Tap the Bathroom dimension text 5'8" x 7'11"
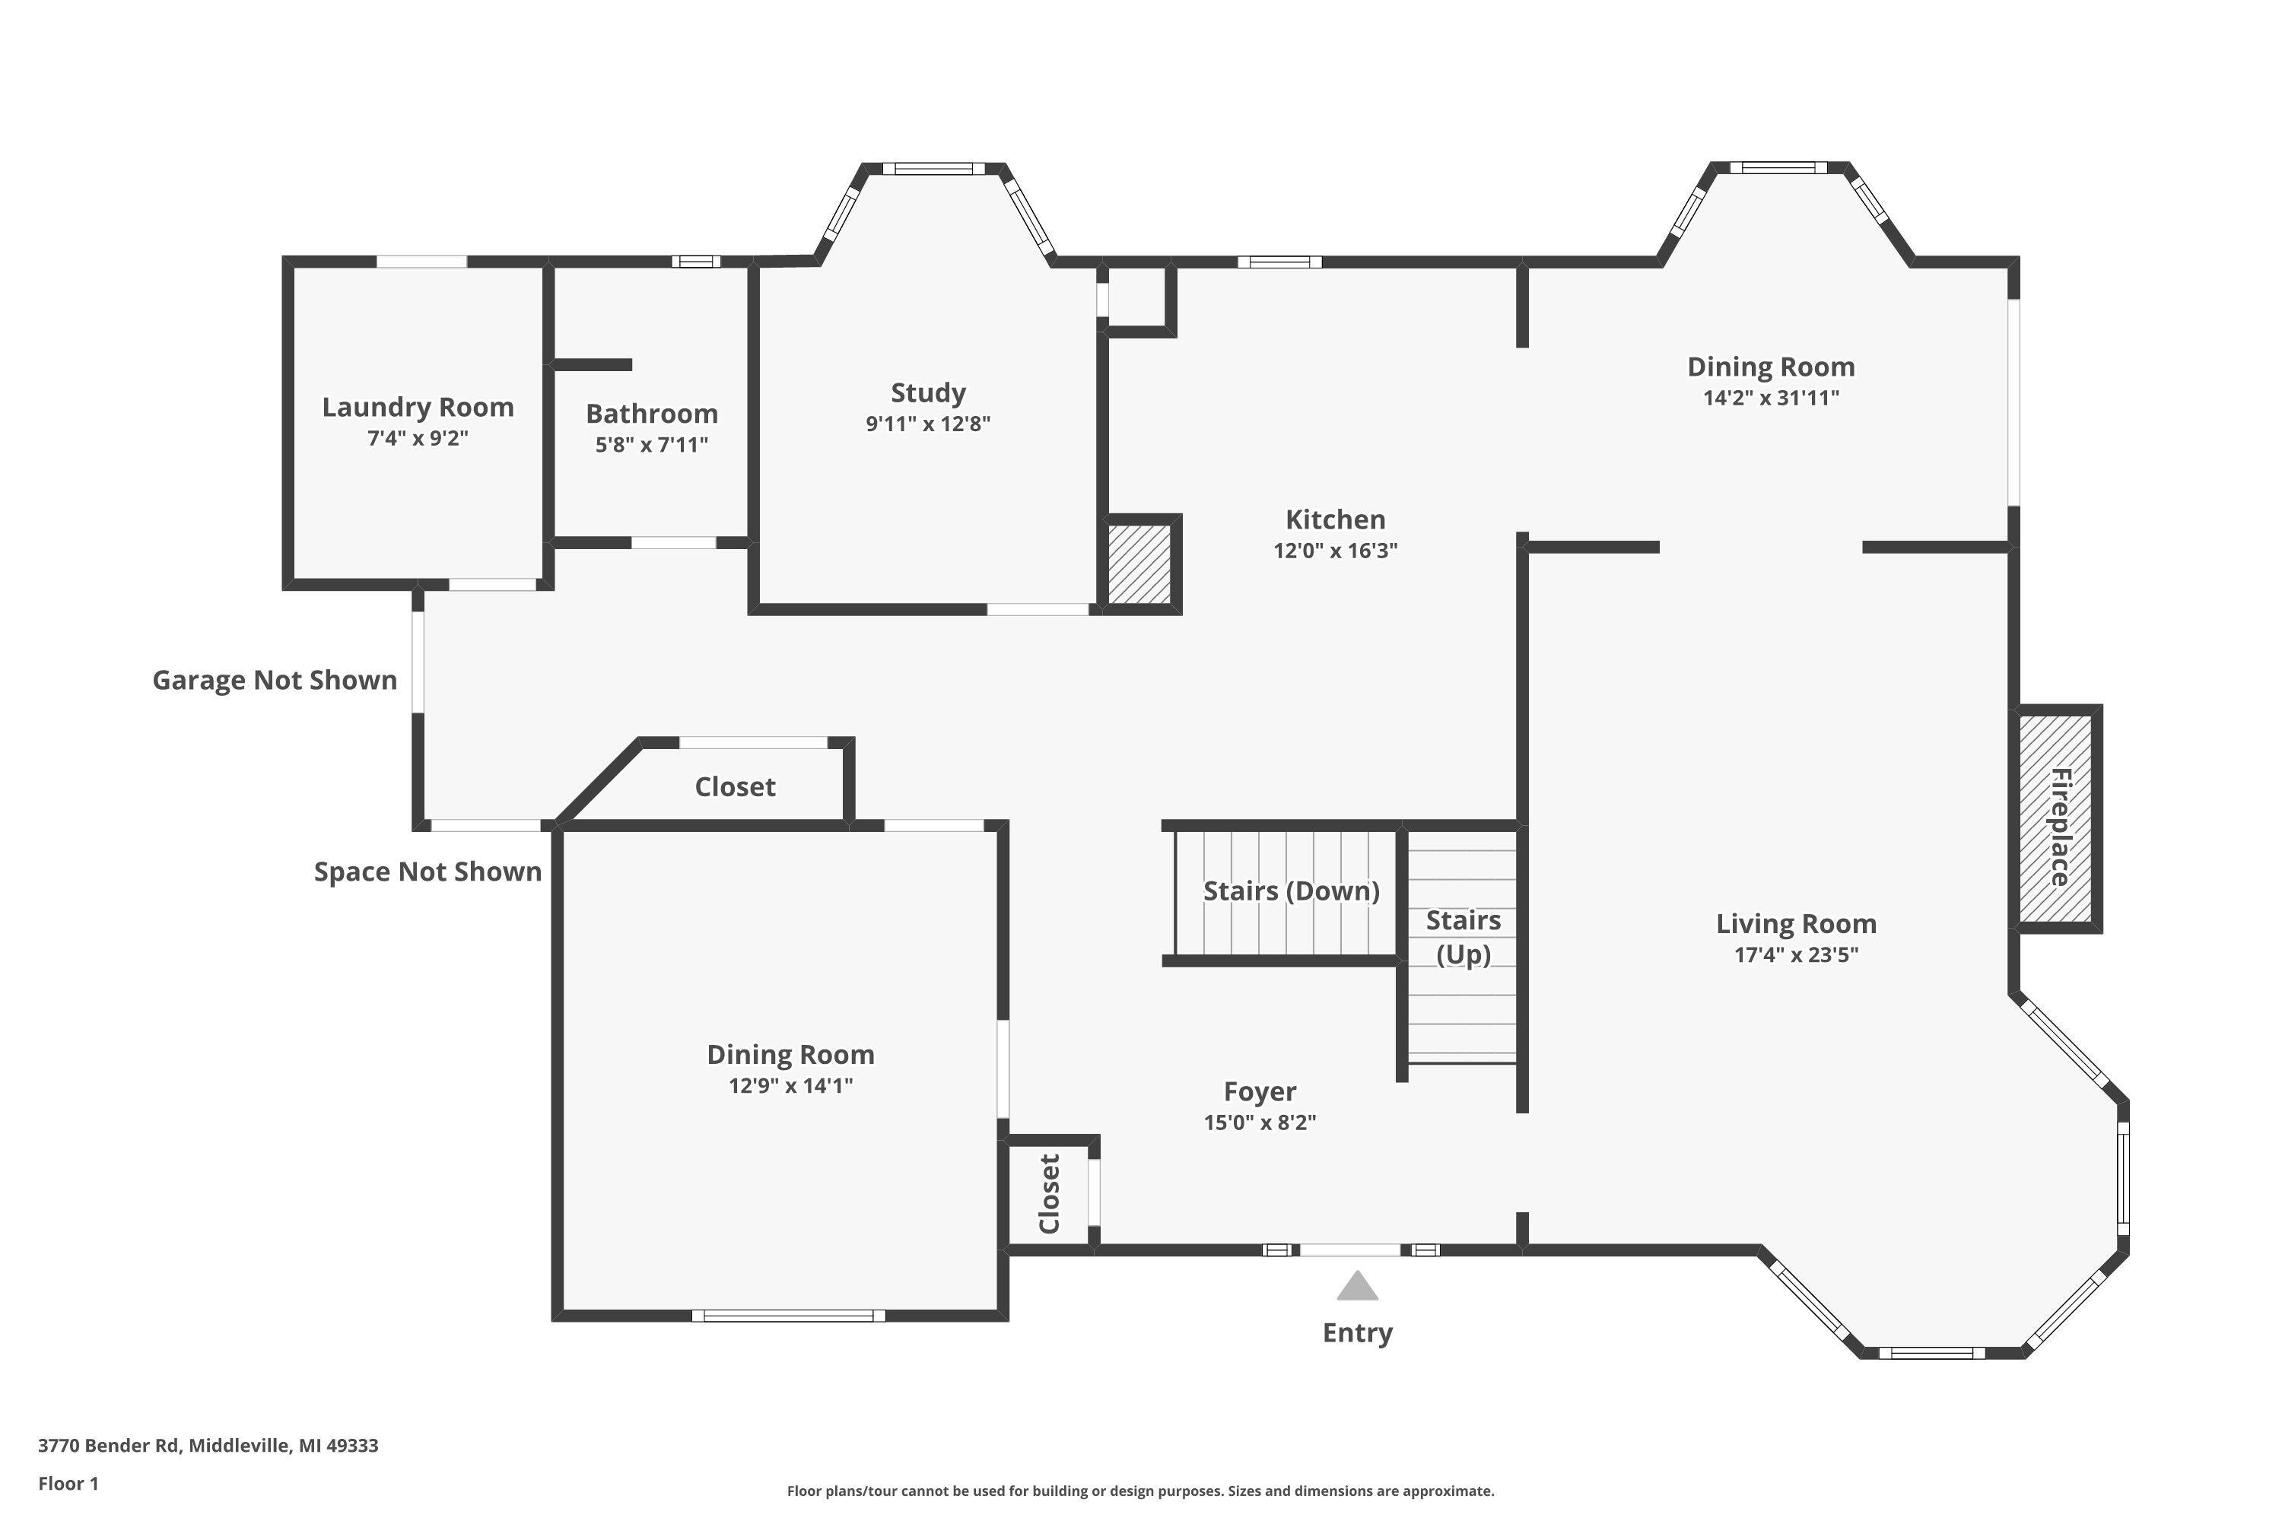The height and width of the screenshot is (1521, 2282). [651, 445]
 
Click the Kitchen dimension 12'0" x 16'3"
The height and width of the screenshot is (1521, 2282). [1335, 551]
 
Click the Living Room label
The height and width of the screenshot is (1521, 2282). [1796, 923]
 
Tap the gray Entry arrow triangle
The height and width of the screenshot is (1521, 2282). [1356, 1288]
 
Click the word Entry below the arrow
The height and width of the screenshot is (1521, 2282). [1356, 1333]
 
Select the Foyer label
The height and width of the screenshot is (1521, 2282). [1260, 1092]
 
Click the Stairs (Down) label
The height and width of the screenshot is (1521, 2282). [1290, 891]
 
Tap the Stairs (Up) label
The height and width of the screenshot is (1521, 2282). [1462, 937]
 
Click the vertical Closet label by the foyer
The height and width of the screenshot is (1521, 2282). [1049, 1194]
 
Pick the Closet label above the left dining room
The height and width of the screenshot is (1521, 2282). [735, 786]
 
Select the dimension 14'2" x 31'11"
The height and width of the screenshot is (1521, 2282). [1771, 398]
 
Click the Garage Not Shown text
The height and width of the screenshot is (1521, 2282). [275, 680]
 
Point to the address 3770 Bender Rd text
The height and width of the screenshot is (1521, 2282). [208, 1446]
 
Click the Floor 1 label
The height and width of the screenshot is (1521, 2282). [68, 1483]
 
